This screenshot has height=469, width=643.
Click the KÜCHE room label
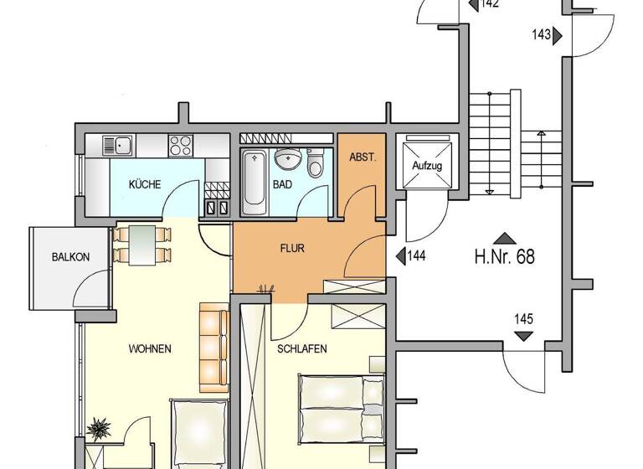pos(145,185)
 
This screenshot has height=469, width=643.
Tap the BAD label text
pos(282,185)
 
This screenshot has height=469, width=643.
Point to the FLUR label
pos(292,248)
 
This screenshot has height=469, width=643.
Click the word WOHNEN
pos(150,348)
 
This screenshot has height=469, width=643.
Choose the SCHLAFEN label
pos(301,348)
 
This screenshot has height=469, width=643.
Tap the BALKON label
pos(70,258)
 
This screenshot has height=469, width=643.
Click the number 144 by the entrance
pos(417,255)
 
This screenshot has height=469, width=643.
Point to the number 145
pos(524,319)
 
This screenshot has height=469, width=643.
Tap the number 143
pos(541,34)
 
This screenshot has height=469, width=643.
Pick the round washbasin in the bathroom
pos(287,157)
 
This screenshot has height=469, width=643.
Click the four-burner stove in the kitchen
pos(181,145)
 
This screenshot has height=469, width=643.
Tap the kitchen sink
pos(118,145)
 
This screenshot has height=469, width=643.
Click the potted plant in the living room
pos(99,430)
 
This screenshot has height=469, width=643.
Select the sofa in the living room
pos(213,350)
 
